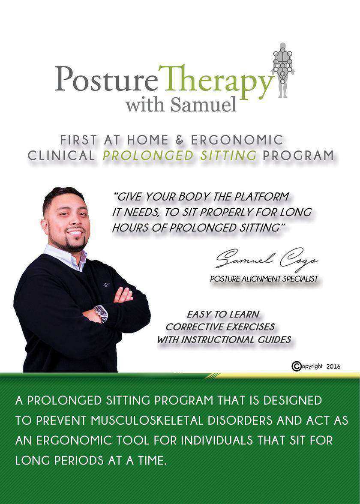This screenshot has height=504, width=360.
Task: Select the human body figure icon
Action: pos(283,69)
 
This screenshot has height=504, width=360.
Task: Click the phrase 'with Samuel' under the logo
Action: pos(181,104)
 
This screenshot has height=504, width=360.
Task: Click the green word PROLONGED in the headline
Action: pos(148,155)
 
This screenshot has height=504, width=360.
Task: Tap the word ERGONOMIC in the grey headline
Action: pos(237,140)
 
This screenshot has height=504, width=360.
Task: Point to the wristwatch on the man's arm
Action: pos(102,313)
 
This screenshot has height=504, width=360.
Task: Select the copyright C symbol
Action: pos(296,366)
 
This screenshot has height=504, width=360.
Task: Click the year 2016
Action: pos(333,366)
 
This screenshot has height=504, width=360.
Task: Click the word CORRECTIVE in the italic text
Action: pos(193,327)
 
